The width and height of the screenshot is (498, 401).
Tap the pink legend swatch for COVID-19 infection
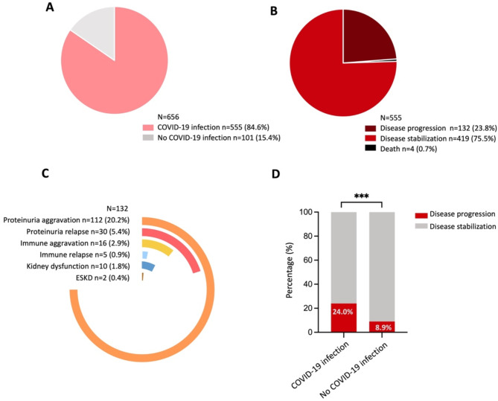[148, 128]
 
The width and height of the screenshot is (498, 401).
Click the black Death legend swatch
[370, 148]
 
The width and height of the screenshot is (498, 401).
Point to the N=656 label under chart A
[168, 118]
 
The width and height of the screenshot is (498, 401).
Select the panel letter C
[45, 173]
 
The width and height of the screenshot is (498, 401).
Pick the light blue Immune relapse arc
[145, 254]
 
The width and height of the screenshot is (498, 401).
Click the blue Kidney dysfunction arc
[149, 266]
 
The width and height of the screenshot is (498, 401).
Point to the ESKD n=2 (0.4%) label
[103, 278]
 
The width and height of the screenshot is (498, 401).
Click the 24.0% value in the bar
[342, 312]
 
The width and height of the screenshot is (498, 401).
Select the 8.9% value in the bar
[383, 327]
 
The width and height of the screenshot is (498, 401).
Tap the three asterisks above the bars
[362, 196]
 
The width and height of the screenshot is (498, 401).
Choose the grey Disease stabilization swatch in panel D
[421, 227]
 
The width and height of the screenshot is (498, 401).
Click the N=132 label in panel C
[118, 208]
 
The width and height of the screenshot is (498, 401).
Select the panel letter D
[275, 173]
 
